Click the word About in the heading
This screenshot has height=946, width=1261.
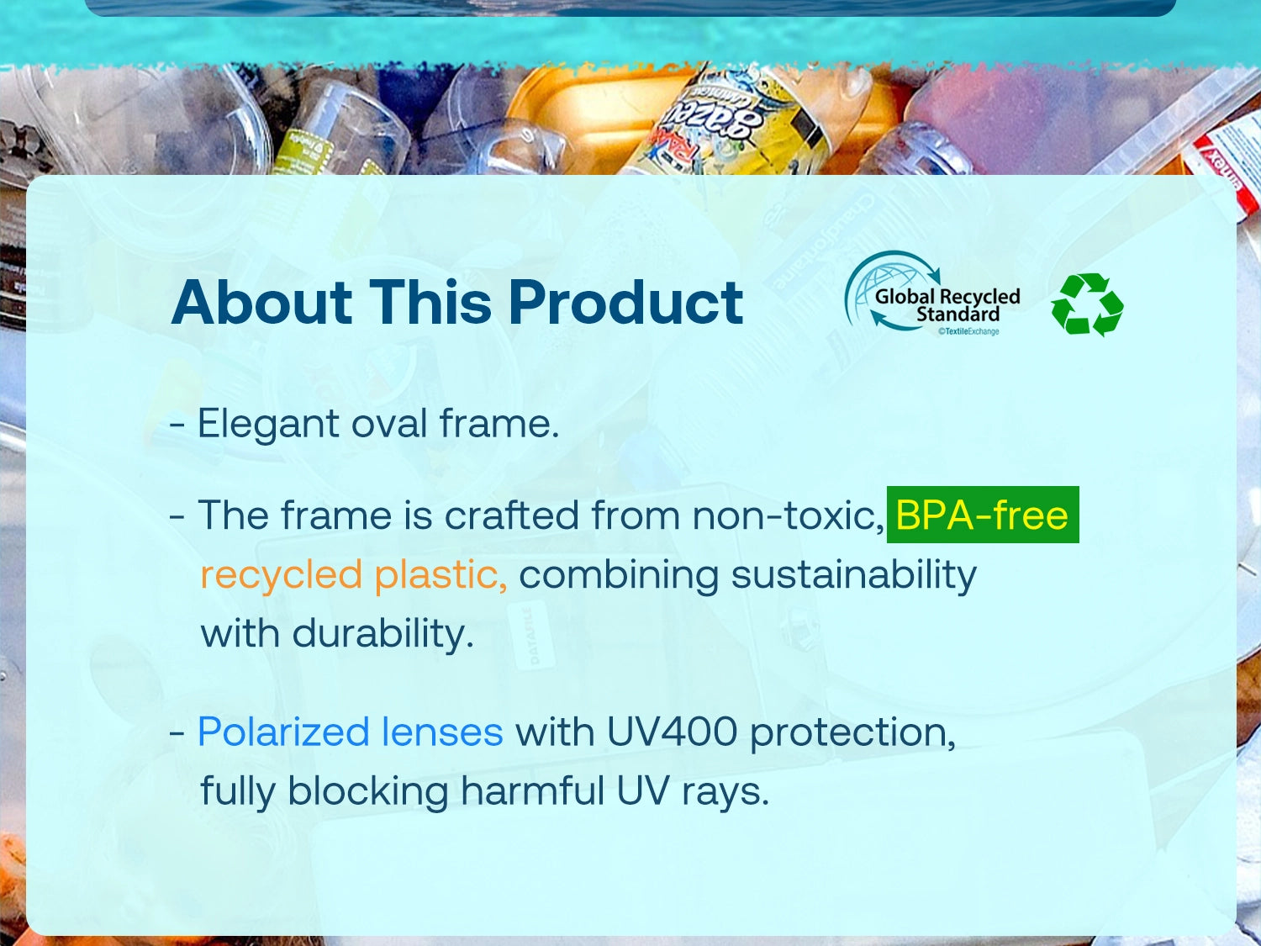pyautogui.click(x=262, y=302)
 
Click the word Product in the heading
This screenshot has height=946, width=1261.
pyautogui.click(x=625, y=302)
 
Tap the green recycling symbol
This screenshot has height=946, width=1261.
pyautogui.click(x=1087, y=304)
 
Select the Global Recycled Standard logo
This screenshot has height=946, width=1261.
pyautogui.click(x=931, y=293)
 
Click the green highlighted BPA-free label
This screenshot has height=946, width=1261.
pyautogui.click(x=983, y=515)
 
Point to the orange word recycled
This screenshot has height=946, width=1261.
pyautogui.click(x=282, y=575)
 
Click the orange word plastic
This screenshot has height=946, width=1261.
pyautogui.click(x=441, y=573)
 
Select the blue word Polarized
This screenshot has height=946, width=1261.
pyautogui.click(x=283, y=732)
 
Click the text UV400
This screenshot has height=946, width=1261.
pyautogui.click(x=673, y=732)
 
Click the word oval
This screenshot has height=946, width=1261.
pyautogui.click(x=389, y=423)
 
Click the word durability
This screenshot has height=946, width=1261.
pyautogui.click(x=383, y=634)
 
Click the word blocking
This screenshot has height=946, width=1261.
pyautogui.click(x=367, y=792)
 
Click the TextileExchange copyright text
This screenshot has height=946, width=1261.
pyautogui.click(x=968, y=331)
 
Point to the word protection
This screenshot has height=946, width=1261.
pyautogui.click(x=853, y=733)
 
